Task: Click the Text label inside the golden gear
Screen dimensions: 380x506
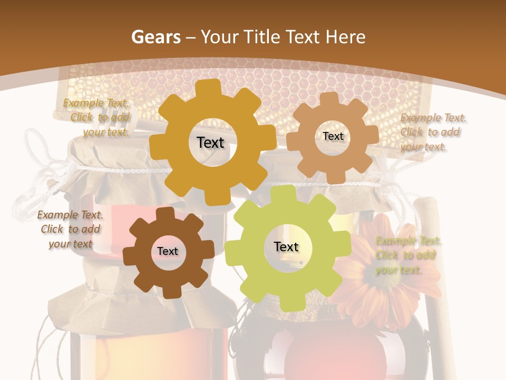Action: (210, 142)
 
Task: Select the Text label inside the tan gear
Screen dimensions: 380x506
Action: (333, 136)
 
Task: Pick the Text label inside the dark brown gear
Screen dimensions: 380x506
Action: (168, 251)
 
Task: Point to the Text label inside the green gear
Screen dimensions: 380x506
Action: (286, 246)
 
